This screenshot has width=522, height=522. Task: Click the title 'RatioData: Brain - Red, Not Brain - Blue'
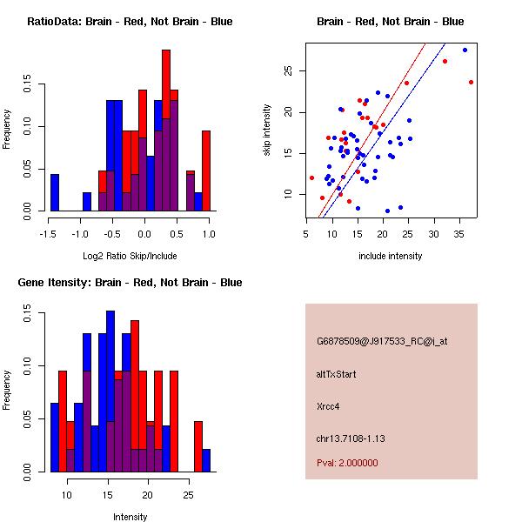point(130,22)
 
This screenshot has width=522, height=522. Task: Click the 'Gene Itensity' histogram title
point(130,283)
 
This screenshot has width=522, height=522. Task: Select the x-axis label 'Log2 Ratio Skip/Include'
point(130,256)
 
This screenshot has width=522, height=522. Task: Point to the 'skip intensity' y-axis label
point(268,130)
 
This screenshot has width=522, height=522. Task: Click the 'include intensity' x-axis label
point(391,256)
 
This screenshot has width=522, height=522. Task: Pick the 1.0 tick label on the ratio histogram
point(210,234)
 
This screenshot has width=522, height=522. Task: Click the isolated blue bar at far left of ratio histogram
point(55,192)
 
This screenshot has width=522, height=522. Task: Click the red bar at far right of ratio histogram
point(206,170)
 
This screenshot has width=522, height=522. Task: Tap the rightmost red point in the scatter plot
point(471,82)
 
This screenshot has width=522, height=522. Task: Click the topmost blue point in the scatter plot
point(465,50)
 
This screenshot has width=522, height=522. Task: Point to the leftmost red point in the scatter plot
point(311,177)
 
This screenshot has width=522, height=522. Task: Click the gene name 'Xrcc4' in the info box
point(329,405)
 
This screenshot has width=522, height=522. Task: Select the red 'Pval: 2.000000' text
point(347,463)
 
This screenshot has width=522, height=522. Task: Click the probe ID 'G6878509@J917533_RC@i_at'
point(382,341)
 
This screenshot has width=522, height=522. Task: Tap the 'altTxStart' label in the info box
point(336,374)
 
